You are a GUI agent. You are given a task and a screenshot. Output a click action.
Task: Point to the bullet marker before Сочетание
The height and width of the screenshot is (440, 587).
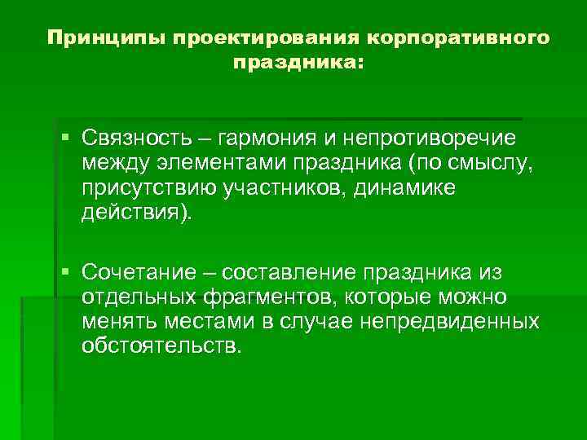click(x=64, y=271)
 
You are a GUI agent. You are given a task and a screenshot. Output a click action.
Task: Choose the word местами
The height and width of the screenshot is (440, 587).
click(x=210, y=321)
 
